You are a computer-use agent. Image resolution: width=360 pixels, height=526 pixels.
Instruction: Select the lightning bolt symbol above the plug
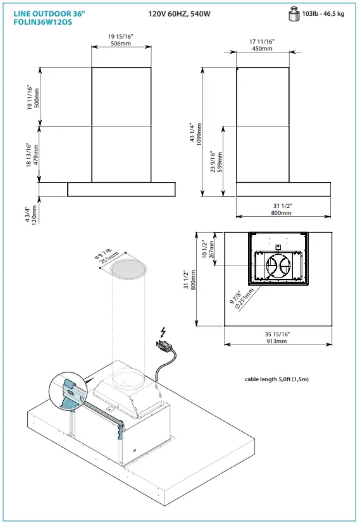point(164,331)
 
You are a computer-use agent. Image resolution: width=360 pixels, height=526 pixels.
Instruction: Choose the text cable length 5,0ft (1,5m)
point(277,379)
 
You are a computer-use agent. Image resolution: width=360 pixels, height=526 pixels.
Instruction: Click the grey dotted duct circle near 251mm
point(129,269)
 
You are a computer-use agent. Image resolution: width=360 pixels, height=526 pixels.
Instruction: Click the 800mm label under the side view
point(282,213)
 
